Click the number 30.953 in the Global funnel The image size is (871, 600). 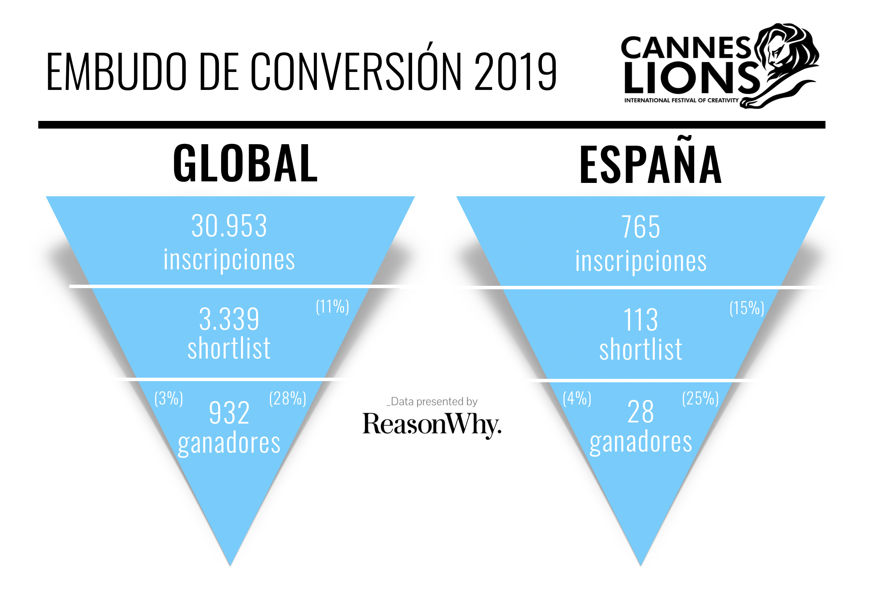pos(229,226)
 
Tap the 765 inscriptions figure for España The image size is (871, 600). pos(641,227)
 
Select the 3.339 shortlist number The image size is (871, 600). pos(229,319)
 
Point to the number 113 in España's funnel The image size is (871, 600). pos(641,320)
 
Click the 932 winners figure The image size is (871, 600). pos(229,412)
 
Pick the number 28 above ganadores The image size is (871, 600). pos(641,412)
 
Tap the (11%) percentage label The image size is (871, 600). pos(332,307)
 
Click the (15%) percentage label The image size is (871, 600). pos(747,308)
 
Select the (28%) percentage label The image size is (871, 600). pos(287,399)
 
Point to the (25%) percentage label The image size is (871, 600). pos(700,399)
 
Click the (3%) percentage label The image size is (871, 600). pos(168,399)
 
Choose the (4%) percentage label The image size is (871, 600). pos(577,399)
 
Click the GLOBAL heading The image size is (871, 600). pos(245,163)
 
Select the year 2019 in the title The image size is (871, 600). pos(515,72)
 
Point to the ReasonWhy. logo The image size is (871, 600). pos(432,425)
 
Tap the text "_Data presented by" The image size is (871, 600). pos(432,401)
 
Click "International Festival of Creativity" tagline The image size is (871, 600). pos(681,100)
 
